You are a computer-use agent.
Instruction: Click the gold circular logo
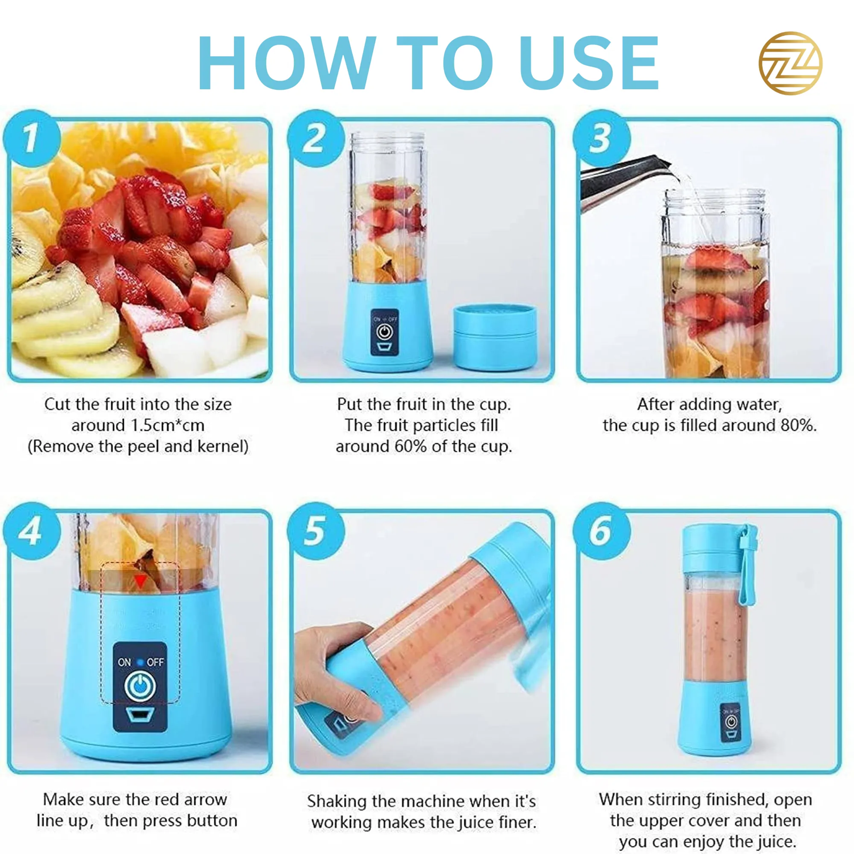tap(790, 63)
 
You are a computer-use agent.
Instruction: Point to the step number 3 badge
tap(602, 138)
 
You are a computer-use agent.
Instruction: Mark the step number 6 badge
tap(602, 531)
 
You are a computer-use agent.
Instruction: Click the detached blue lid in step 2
tap(495, 337)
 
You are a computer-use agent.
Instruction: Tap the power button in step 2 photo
tap(385, 332)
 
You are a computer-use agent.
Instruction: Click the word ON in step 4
tap(124, 662)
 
